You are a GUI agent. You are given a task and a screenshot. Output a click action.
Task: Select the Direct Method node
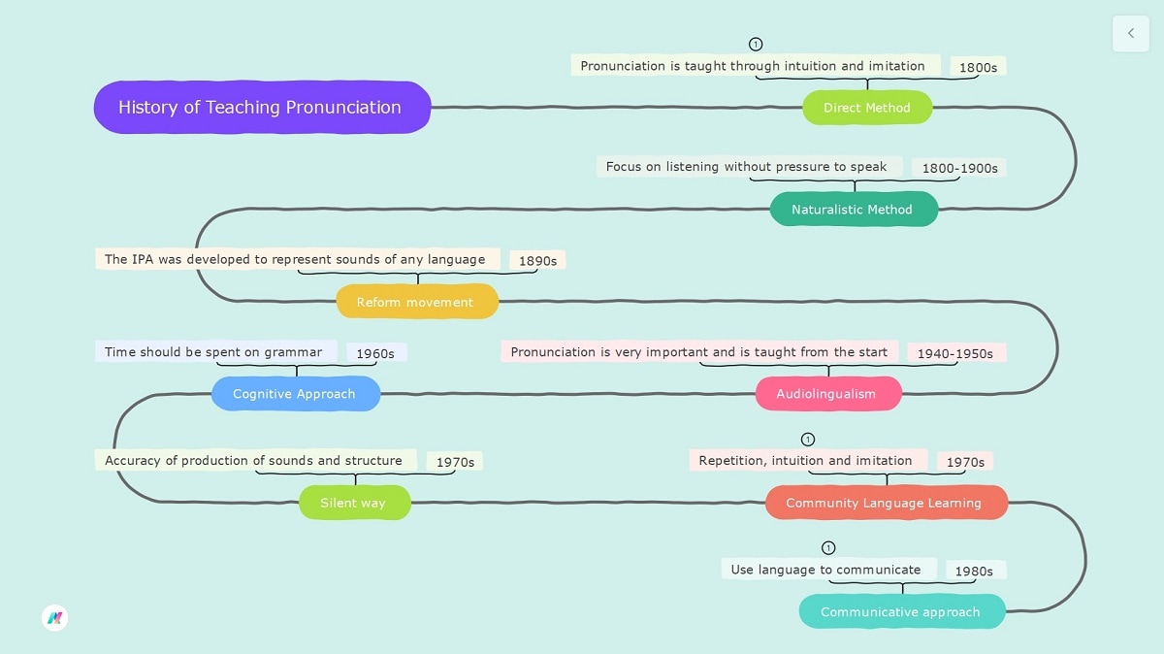tap(866, 108)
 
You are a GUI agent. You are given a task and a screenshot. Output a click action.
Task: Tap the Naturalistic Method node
tap(853, 210)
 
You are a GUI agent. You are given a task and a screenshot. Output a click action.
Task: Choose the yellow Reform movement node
tap(416, 302)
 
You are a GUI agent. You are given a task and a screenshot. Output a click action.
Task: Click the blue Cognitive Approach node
tap(295, 394)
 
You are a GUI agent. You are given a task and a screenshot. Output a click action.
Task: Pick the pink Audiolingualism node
tap(827, 394)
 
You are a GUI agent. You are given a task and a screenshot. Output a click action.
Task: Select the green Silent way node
tap(354, 503)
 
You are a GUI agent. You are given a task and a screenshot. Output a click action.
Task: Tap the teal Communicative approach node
tap(901, 612)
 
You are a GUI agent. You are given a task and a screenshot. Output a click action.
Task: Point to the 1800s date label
tap(978, 67)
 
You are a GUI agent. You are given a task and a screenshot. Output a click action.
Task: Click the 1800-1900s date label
tap(958, 168)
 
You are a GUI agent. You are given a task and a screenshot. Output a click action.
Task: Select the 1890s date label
tap(537, 261)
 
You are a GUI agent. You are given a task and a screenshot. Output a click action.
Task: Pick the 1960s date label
tap(375, 353)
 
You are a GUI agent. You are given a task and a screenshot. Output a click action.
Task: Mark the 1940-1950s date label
tap(954, 353)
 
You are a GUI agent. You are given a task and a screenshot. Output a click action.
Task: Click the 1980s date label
tap(973, 571)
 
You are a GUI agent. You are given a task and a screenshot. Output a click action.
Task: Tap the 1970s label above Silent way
tap(455, 462)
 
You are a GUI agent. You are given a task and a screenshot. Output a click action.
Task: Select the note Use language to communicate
tap(826, 569)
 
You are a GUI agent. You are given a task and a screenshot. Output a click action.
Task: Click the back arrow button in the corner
tap(1130, 33)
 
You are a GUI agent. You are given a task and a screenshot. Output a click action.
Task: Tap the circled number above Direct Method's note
tap(756, 45)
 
